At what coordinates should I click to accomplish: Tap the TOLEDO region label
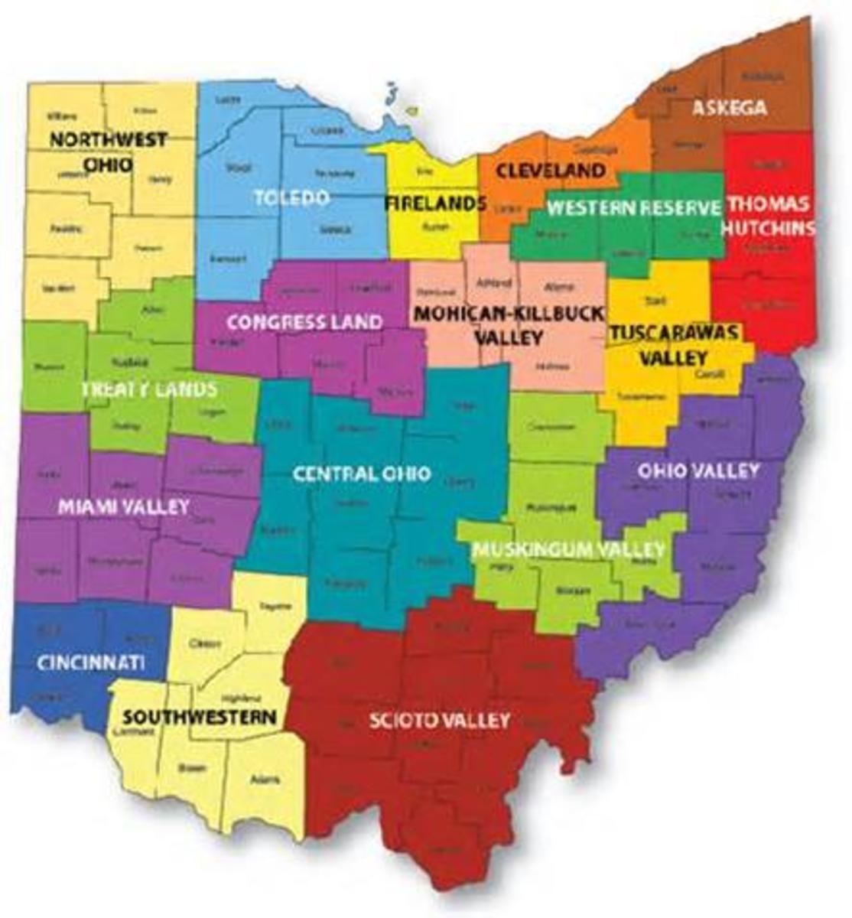(x=291, y=197)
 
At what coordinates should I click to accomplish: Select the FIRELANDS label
(x=434, y=203)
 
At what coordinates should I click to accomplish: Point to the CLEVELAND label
(x=551, y=170)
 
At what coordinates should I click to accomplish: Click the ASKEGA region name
(x=729, y=108)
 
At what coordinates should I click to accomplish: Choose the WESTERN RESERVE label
(x=635, y=207)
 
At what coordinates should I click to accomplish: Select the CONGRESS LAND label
(x=304, y=321)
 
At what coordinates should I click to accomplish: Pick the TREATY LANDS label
(x=149, y=389)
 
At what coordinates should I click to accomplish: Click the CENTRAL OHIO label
(x=362, y=474)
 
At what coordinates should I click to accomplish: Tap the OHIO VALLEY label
(x=699, y=469)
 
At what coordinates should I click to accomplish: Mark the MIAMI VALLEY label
(x=124, y=506)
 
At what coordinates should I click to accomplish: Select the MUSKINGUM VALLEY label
(x=568, y=549)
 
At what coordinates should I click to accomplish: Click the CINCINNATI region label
(x=90, y=662)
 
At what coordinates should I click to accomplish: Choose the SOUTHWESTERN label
(x=200, y=717)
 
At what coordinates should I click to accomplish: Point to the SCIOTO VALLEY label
(x=439, y=720)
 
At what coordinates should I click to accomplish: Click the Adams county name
(x=264, y=780)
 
